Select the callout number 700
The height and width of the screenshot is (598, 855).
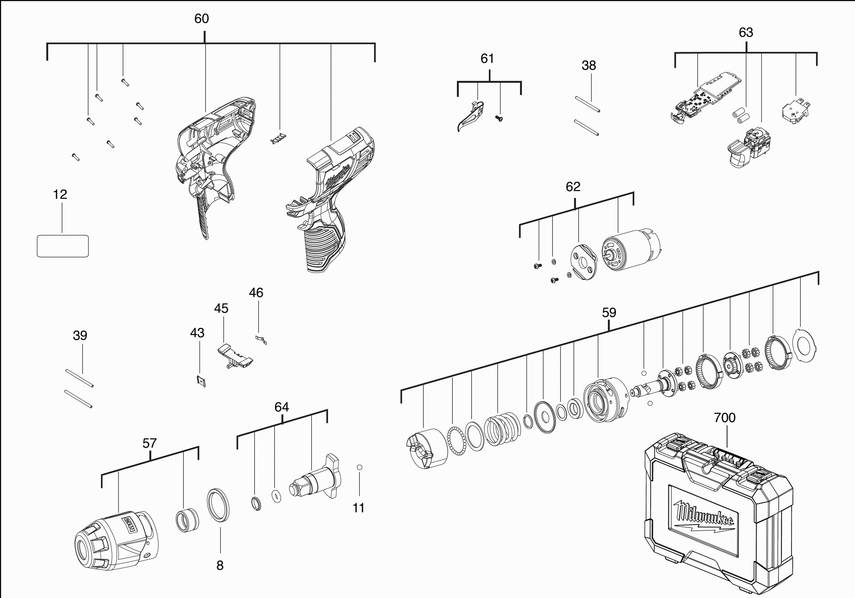point(724,418)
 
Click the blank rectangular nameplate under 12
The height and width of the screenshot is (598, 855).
point(63,246)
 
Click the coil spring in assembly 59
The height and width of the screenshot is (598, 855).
point(502,428)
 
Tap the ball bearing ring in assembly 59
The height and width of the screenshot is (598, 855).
point(456,440)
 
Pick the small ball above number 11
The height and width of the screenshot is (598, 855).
point(359,467)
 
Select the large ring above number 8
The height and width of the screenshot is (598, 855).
point(218,505)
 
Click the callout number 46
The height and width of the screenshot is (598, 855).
point(256,293)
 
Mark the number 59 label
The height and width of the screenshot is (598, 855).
point(609,313)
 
